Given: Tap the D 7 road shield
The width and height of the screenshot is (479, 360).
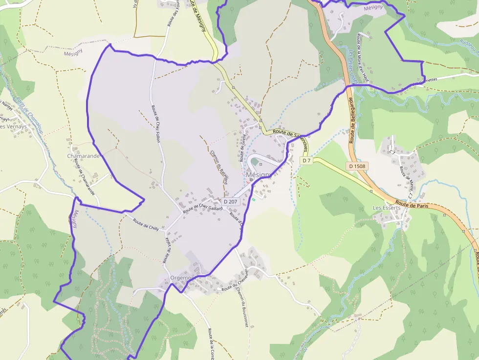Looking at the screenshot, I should (x=306, y=160).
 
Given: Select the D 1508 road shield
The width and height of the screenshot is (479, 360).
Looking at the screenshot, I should (x=358, y=166).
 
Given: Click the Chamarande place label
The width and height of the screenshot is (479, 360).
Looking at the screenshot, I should (x=84, y=156).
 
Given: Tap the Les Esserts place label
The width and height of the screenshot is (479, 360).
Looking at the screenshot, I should (x=387, y=208).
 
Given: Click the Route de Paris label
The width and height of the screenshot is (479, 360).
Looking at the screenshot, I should (x=412, y=205).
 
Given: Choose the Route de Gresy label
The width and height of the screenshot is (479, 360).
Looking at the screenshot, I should (x=242, y=148).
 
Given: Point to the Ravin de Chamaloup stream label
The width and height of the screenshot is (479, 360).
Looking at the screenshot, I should (x=28, y=114).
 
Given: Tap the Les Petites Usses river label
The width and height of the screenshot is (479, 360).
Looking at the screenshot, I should (x=352, y=64).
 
